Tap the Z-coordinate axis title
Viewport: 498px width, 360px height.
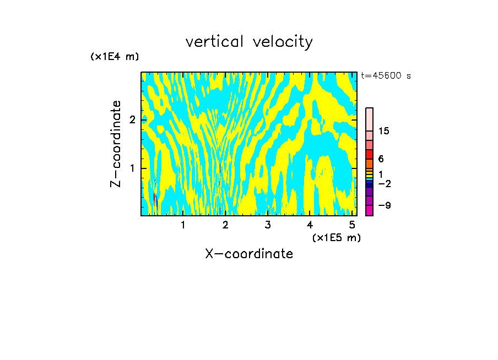tap(116, 144)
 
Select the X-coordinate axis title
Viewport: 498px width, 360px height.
tap(249, 254)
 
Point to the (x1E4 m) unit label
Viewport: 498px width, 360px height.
tap(115, 57)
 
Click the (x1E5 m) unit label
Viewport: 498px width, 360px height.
tap(336, 237)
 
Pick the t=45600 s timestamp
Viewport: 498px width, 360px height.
tap(386, 76)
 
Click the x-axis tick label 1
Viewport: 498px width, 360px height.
tap(183, 225)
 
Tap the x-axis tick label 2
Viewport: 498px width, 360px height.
tap(225, 225)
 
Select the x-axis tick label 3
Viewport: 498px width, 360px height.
tap(268, 225)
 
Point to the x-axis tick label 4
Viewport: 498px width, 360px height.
tap(310, 225)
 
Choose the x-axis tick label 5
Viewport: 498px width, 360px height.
tap(352, 225)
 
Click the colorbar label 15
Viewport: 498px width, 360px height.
tap(384, 131)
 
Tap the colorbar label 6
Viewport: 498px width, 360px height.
tap(381, 159)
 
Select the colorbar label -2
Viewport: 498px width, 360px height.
tap(384, 183)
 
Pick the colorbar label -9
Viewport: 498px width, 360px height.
tap(384, 205)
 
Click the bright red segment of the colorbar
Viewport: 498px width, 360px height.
tap(369, 154)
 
